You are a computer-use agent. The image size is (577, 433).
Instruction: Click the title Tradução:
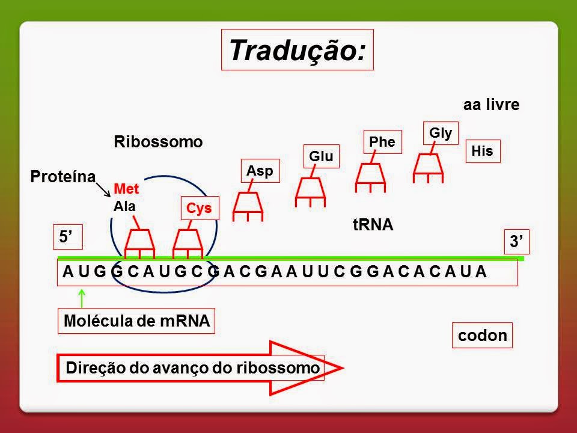click(x=297, y=50)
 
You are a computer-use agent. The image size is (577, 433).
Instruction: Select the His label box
click(x=483, y=151)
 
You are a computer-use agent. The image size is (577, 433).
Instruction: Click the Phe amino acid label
click(x=382, y=141)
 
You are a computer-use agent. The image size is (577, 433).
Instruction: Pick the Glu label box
click(x=321, y=156)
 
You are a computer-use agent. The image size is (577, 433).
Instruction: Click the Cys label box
click(x=200, y=207)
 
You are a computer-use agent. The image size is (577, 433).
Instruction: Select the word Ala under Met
click(x=124, y=205)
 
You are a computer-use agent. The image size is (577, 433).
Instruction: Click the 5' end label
click(x=63, y=238)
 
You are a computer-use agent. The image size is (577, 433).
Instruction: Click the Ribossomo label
click(x=159, y=142)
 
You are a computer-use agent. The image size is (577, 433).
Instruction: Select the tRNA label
click(x=373, y=226)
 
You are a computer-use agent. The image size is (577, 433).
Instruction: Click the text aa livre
click(x=490, y=105)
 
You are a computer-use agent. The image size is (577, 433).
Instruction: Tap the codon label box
click(x=482, y=336)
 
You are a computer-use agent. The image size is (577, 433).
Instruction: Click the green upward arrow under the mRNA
click(x=81, y=298)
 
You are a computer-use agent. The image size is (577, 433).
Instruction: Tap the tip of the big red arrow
click(x=341, y=367)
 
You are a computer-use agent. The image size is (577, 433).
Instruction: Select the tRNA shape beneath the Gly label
click(x=429, y=167)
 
